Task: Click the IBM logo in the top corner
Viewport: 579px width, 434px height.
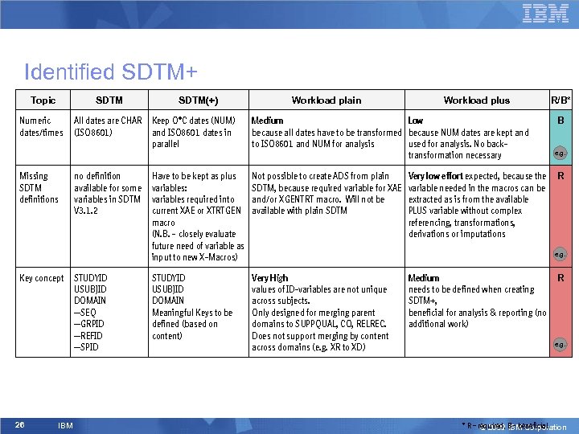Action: pos(545,13)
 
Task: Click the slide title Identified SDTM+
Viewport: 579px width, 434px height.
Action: pos(111,72)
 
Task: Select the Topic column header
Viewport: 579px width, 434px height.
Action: pos(43,100)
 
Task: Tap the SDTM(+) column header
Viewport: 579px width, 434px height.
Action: pos(198,100)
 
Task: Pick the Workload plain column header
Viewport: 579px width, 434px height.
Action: pos(326,100)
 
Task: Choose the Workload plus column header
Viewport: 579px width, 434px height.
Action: pos(476,100)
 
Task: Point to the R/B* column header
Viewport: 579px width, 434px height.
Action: pos(561,100)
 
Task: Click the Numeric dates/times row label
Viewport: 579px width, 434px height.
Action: pos(40,126)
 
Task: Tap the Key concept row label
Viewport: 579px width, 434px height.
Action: pos(41,278)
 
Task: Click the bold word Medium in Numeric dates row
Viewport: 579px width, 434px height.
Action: pos(268,121)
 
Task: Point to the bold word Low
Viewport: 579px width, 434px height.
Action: pos(416,121)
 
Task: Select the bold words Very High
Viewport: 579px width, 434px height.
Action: pos(269,278)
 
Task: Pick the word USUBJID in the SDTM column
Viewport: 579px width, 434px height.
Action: pos(90,289)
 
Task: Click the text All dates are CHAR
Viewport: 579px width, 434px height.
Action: pos(108,121)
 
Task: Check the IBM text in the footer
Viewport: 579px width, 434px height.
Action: pos(66,425)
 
